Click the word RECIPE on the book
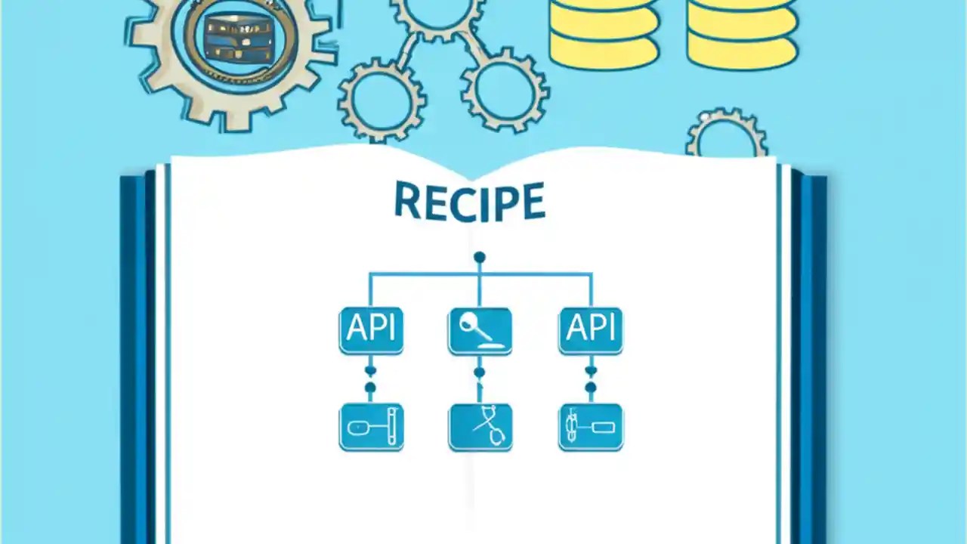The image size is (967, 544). [469, 202]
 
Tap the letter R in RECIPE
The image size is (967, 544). [408, 201]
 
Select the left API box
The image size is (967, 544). [371, 330]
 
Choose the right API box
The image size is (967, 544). [591, 330]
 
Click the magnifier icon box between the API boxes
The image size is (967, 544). [480, 330]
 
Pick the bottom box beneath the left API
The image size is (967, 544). [371, 427]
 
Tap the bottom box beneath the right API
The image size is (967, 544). [591, 427]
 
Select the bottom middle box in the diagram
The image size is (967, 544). [480, 427]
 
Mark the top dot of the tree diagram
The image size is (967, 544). [479, 258]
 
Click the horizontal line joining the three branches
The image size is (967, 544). [423, 274]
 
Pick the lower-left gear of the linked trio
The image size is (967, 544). [382, 98]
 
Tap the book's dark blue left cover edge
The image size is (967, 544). [137, 355]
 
